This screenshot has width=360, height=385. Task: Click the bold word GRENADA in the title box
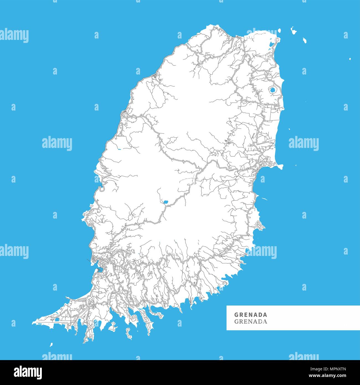coord(251,315)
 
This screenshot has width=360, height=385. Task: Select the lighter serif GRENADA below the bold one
coord(251,322)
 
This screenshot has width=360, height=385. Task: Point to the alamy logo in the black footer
coord(28,372)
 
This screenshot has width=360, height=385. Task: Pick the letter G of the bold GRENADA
coord(236,315)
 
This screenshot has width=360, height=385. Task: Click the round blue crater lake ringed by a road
coord(272,90)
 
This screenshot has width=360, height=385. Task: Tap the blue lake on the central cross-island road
coord(166,202)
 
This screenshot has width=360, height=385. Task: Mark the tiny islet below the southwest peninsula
coord(51,345)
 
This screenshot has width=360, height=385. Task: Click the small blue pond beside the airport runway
coord(57,320)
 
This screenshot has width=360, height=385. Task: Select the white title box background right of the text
coord(313,318)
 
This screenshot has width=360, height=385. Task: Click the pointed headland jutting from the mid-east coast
coord(280,166)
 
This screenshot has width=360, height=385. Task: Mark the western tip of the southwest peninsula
coord(33,323)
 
